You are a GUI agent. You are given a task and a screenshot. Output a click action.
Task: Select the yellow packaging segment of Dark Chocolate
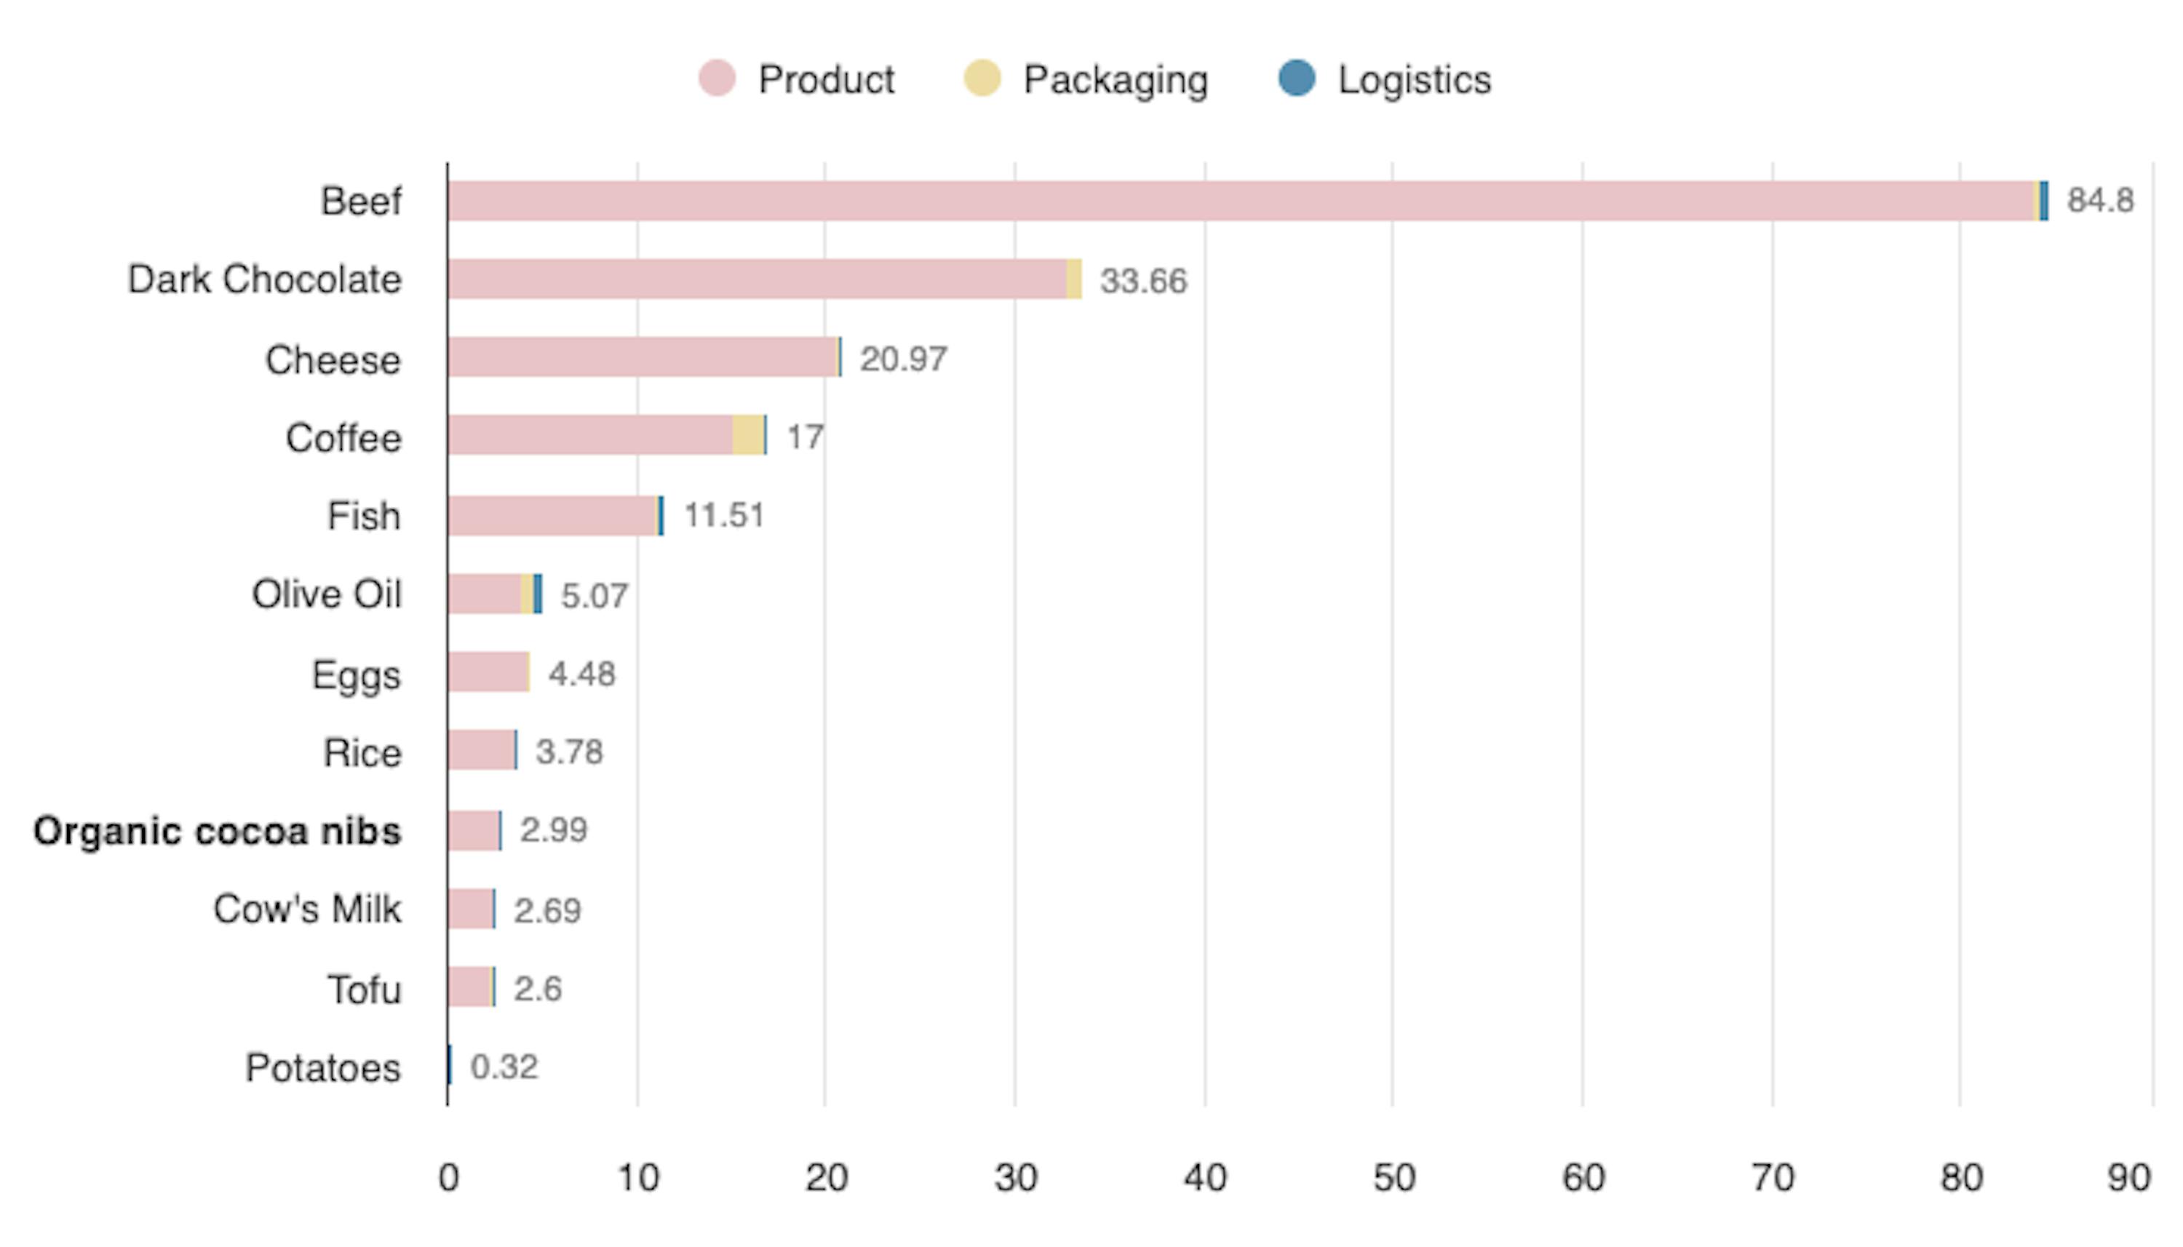1074,279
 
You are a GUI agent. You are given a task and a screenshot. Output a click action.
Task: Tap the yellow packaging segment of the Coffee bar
747,435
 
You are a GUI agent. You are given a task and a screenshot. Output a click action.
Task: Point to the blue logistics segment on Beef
2043,202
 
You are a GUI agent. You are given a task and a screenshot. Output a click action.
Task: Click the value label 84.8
2099,200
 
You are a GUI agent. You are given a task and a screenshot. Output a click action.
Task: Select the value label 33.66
1142,281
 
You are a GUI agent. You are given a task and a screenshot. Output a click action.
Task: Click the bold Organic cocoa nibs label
217,831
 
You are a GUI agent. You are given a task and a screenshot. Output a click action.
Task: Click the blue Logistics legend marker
1296,78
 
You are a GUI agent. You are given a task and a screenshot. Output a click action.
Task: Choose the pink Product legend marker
716,78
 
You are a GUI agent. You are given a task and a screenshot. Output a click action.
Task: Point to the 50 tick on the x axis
1393,1178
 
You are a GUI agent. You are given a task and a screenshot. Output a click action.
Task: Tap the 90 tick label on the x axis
2127,1178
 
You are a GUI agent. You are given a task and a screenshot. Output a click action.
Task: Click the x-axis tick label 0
448,1178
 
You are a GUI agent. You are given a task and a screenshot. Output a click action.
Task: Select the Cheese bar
643,357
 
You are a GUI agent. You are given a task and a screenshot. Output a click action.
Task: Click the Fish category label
363,517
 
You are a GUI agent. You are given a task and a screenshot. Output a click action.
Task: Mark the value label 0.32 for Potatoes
504,1067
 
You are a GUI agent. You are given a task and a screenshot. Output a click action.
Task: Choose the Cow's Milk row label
306,909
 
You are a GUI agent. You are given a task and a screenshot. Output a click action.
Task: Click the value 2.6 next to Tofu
537,988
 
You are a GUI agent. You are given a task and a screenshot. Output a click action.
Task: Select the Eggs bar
488,672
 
